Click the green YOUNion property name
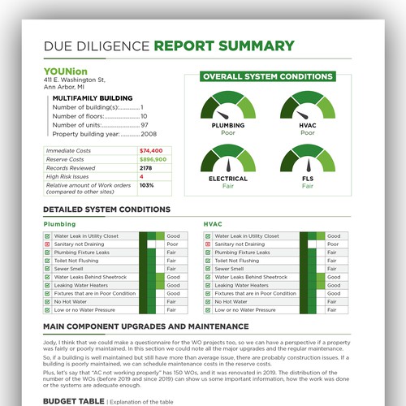point(65,71)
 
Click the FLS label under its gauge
point(308,178)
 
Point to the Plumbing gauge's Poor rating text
point(228,133)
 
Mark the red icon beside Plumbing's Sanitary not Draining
point(47,244)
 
